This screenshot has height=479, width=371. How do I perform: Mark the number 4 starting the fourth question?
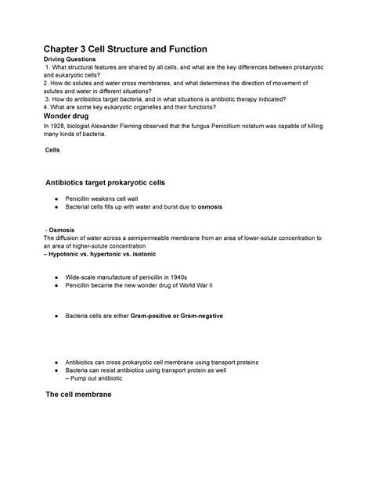coord(45,107)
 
